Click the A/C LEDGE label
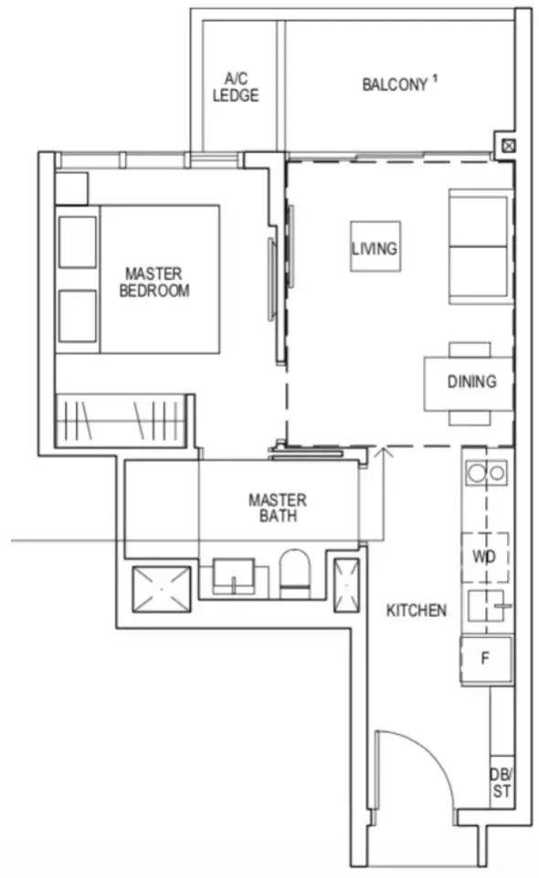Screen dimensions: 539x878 (x=236, y=87)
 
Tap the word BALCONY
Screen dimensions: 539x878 (x=395, y=85)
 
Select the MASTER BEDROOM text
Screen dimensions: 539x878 (x=154, y=282)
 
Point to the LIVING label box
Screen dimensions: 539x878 (x=375, y=247)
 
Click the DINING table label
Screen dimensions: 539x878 (x=471, y=382)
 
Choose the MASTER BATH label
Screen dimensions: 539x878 (x=278, y=507)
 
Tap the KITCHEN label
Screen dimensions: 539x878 (x=417, y=610)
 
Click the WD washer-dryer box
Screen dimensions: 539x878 (x=485, y=557)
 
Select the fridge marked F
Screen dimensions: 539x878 (x=486, y=659)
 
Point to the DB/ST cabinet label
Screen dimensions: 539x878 (x=502, y=783)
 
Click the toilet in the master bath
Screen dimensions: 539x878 (x=295, y=571)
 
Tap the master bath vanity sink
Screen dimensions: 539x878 (x=234, y=576)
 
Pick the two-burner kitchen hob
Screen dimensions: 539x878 (x=486, y=473)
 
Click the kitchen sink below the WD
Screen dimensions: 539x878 (x=489, y=605)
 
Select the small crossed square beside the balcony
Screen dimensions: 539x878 (x=508, y=146)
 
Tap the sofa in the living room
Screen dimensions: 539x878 (x=481, y=246)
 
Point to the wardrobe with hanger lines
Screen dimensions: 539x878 (x=121, y=421)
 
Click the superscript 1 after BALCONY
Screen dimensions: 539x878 (x=434, y=79)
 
